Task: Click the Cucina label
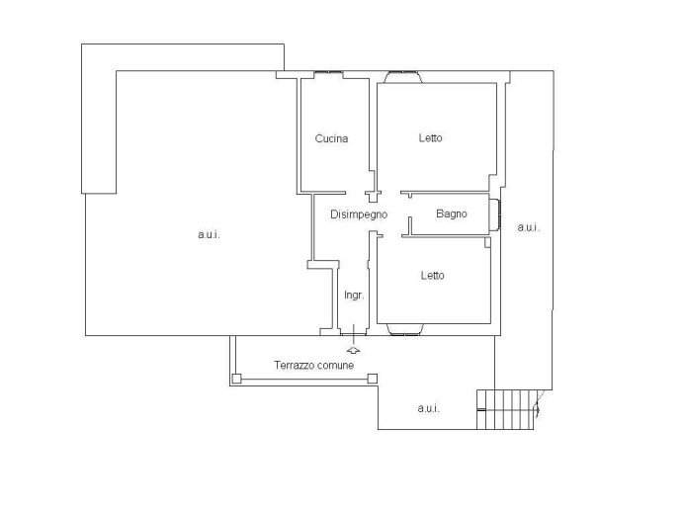click(331, 138)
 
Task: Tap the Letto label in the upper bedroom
click(431, 137)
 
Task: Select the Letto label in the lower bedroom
click(433, 275)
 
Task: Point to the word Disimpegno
click(359, 214)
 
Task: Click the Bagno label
click(452, 213)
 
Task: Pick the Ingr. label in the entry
click(354, 296)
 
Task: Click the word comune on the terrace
click(336, 366)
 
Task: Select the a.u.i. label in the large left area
click(209, 234)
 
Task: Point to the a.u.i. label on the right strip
click(528, 227)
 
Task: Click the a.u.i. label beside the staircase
click(428, 408)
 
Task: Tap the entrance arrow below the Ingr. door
click(353, 350)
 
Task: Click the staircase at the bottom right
click(506, 409)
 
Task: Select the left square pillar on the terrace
click(236, 379)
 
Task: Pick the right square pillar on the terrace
click(372, 379)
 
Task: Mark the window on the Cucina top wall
click(328, 73)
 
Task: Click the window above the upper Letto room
click(402, 77)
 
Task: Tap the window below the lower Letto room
click(404, 329)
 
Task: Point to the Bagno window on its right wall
click(494, 215)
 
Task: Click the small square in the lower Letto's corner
click(487, 242)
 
